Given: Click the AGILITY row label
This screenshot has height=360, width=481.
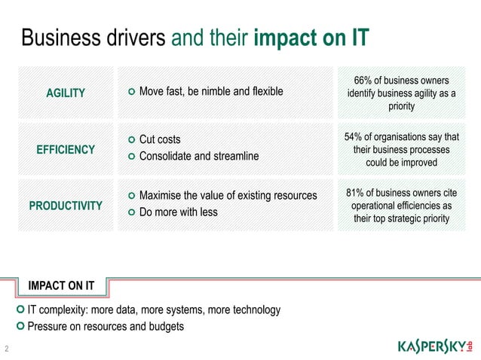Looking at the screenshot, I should click(x=66, y=93).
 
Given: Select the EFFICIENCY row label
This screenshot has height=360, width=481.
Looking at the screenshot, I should click(x=66, y=149).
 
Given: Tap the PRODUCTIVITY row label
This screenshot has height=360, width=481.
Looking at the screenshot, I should click(x=66, y=205).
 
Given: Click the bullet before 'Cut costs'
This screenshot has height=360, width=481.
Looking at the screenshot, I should click(x=132, y=140).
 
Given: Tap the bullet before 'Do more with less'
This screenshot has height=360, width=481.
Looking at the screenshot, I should click(x=132, y=212).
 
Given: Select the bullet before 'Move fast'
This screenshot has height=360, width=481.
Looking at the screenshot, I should click(x=132, y=92).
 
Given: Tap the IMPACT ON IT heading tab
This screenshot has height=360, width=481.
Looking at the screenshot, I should click(x=61, y=285).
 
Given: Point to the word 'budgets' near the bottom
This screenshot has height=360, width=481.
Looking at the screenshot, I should click(x=164, y=326).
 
